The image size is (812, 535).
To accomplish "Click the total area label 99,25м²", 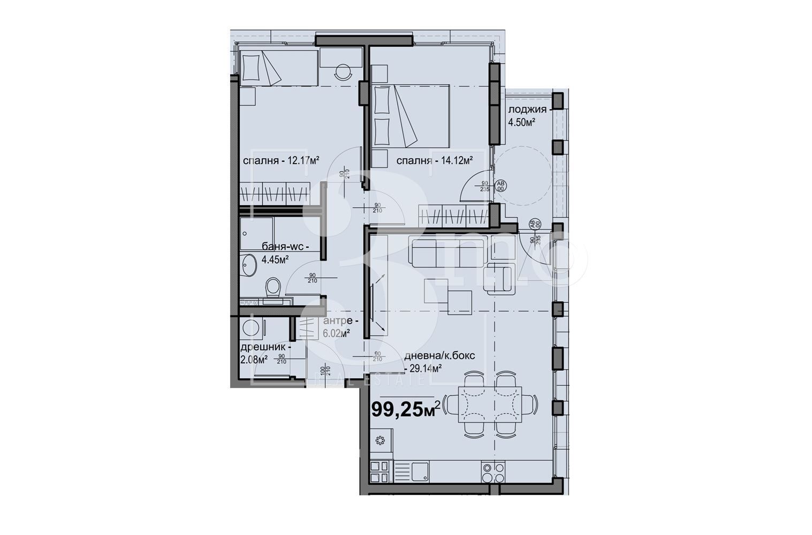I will coord(405,410).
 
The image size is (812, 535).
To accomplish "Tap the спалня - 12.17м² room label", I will coord(281,160).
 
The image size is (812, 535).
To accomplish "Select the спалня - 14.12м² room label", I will coord(434,160).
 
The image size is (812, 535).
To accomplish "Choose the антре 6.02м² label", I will coord(337,326).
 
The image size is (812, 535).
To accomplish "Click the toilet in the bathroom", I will coord(273,287).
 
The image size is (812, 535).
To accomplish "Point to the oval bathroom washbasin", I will coord(248,265).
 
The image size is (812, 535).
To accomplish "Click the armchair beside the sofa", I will coord(498,279).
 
